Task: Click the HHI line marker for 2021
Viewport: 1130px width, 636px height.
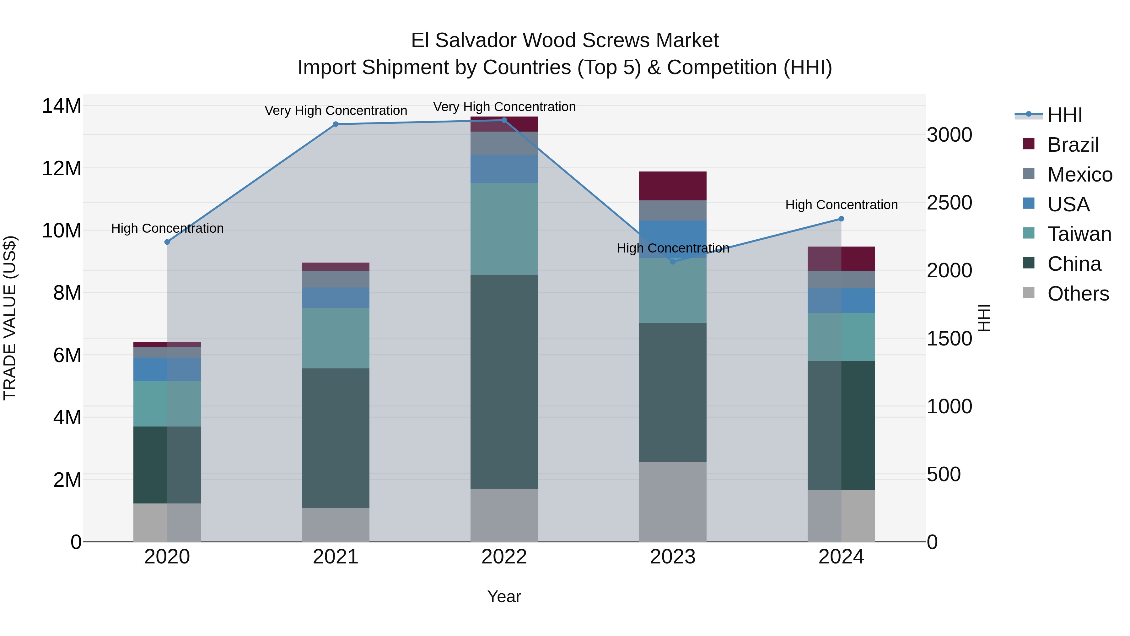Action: pyautogui.click(x=336, y=124)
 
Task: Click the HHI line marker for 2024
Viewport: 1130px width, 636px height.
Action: pyautogui.click(x=841, y=219)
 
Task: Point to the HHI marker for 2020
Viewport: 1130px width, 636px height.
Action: pyautogui.click(x=167, y=242)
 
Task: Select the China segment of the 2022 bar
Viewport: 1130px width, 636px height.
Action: pyautogui.click(x=504, y=382)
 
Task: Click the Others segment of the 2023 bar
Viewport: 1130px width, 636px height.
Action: pyautogui.click(x=672, y=501)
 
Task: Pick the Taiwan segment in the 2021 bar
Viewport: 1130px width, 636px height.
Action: pyautogui.click(x=336, y=338)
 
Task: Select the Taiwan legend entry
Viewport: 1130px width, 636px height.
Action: pyautogui.click(x=1079, y=234)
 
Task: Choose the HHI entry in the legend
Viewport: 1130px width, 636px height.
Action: pyautogui.click(x=1065, y=115)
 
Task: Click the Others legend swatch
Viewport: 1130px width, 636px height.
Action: pyautogui.click(x=1029, y=293)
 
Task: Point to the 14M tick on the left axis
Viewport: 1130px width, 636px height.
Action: pyautogui.click(x=62, y=106)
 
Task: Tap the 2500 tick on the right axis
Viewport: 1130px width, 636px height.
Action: pyautogui.click(x=949, y=203)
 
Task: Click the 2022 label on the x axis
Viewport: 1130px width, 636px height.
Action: pyautogui.click(x=504, y=557)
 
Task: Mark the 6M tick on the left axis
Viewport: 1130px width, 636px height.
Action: pyautogui.click(x=67, y=355)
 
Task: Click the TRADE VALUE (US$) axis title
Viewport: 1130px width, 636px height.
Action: pyautogui.click(x=10, y=318)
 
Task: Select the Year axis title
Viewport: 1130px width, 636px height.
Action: pyautogui.click(x=504, y=596)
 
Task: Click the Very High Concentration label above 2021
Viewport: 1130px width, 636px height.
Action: pyautogui.click(x=336, y=111)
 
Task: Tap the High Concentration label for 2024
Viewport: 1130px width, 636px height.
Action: pyautogui.click(x=841, y=205)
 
